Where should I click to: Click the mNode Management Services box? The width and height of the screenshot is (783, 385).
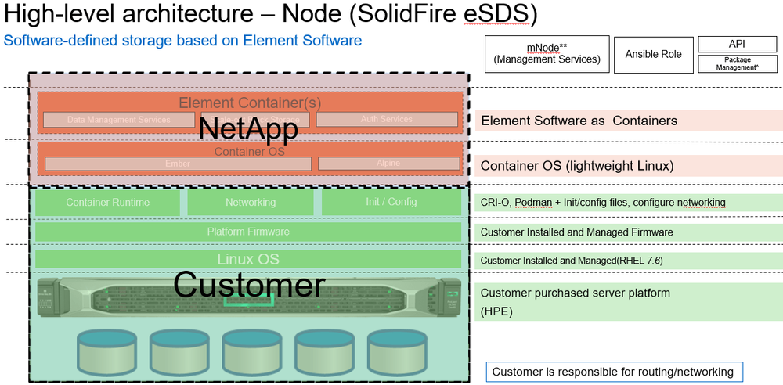click(x=547, y=53)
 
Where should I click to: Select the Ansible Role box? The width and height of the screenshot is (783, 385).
click(x=653, y=54)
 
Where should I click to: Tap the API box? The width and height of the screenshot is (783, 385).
click(x=737, y=45)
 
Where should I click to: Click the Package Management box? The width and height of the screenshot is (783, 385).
click(x=737, y=63)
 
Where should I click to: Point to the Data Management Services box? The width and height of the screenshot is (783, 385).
click(x=118, y=120)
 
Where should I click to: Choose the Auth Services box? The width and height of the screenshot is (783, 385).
click(x=387, y=120)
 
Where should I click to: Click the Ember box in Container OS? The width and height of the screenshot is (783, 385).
click(x=178, y=164)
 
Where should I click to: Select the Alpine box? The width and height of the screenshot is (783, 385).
click(x=388, y=164)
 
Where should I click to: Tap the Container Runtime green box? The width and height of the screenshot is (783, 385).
click(x=108, y=202)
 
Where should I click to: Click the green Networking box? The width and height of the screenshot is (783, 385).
click(x=251, y=202)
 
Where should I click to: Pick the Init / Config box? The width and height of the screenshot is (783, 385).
click(x=391, y=202)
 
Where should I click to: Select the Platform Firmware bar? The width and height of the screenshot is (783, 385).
click(x=248, y=232)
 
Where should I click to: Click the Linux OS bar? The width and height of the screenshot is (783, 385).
click(x=248, y=259)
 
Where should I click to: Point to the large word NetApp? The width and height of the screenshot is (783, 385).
click(x=248, y=129)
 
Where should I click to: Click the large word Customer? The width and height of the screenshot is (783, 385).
click(x=248, y=285)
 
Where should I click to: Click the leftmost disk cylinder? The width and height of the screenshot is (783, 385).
click(x=106, y=350)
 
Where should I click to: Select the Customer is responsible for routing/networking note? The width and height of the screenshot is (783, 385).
click(x=613, y=371)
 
